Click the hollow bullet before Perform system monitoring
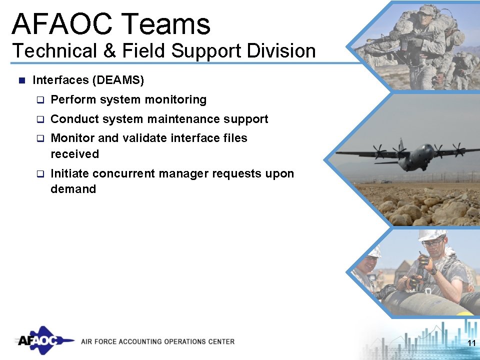40,100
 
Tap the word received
74,153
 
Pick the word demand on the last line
73,189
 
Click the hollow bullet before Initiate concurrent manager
40,174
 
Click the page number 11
470,343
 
